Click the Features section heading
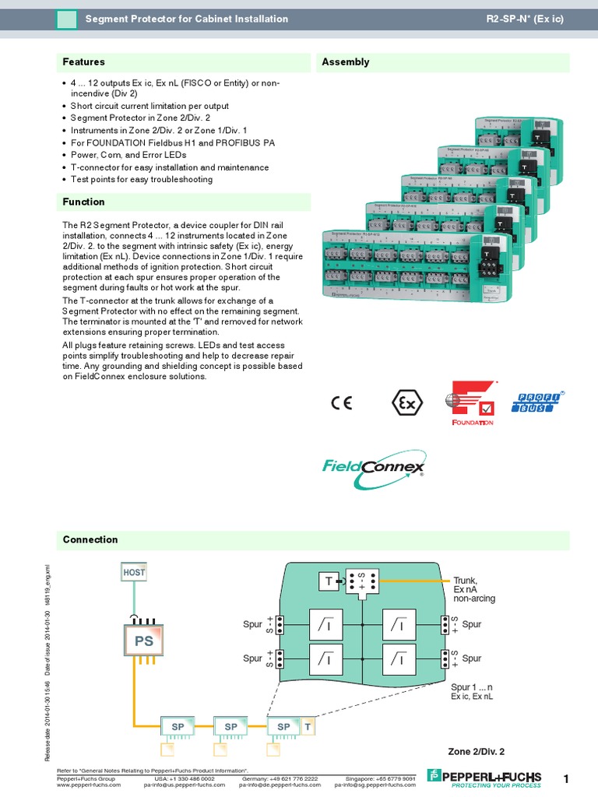pyautogui.click(x=84, y=62)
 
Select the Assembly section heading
pyautogui.click(x=346, y=62)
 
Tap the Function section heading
pyautogui.click(x=84, y=202)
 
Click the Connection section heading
pyautogui.click(x=90, y=540)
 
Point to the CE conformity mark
pyautogui.click(x=341, y=403)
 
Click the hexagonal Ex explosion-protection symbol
pyautogui.click(x=406, y=403)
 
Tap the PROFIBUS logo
pyautogui.click(x=536, y=402)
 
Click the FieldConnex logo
pyautogui.click(x=374, y=469)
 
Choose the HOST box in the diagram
pyautogui.click(x=134, y=572)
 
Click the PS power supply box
pyautogui.click(x=143, y=641)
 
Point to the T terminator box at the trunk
pyautogui.click(x=329, y=581)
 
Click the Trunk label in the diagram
pyautogui.click(x=465, y=581)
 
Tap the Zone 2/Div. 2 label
pyautogui.click(x=476, y=751)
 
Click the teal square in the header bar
pyautogui.click(x=67, y=19)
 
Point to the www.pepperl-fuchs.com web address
pyautogui.click(x=90, y=785)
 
